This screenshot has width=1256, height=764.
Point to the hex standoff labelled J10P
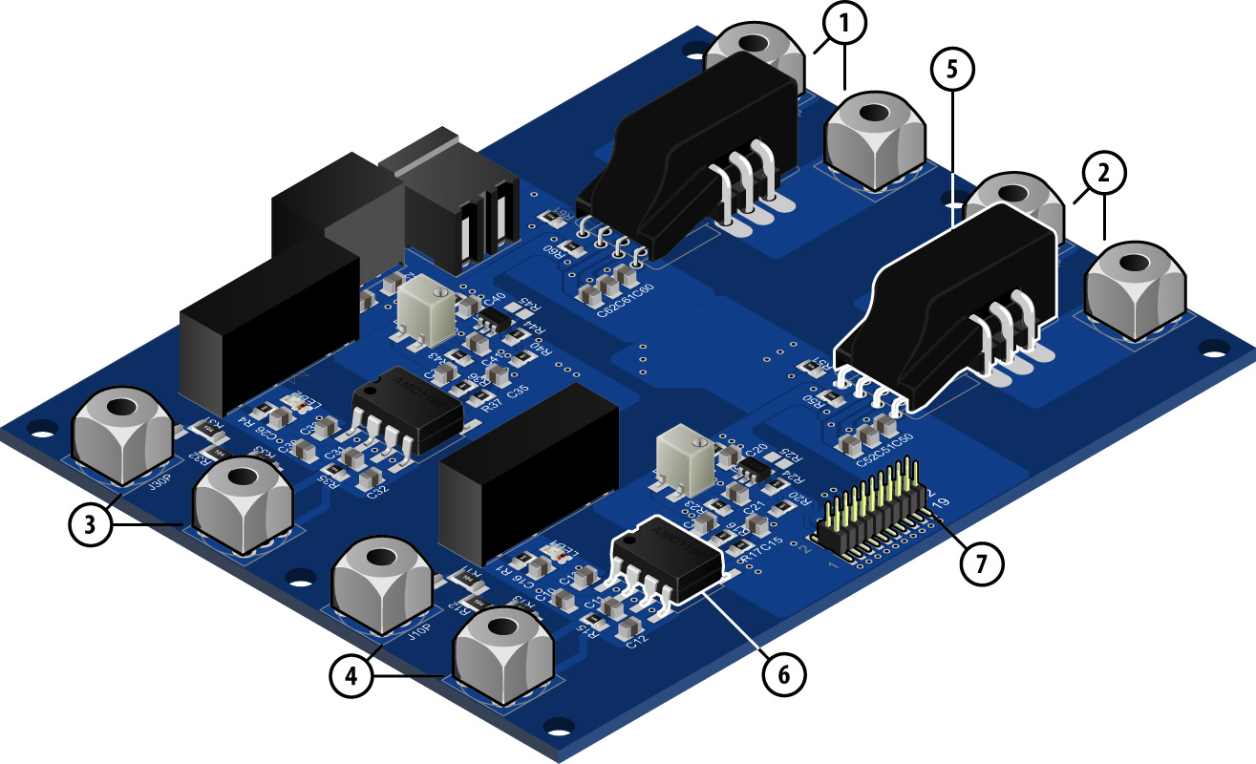382,585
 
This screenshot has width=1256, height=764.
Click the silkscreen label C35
518,392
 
